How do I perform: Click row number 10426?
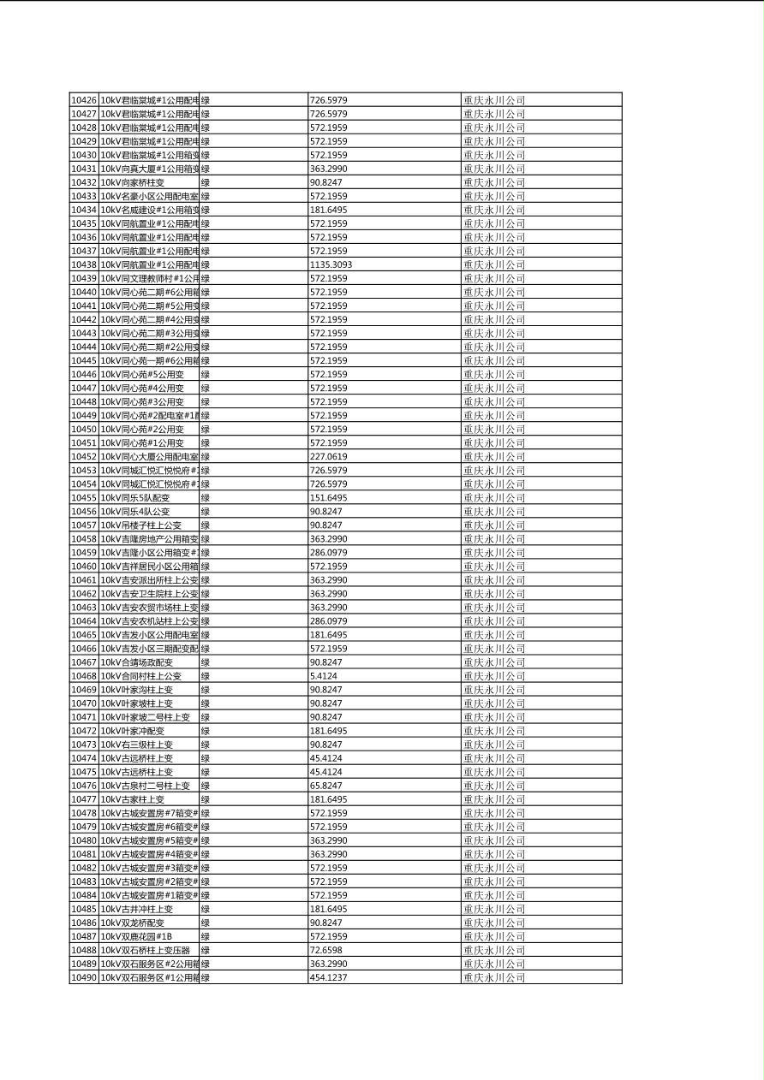[x=83, y=100]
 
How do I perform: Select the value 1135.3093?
[x=331, y=264]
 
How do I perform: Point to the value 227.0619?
[x=328, y=457]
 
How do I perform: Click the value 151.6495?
[x=328, y=498]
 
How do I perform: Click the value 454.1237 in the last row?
[x=328, y=977]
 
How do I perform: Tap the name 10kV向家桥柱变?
[x=133, y=182]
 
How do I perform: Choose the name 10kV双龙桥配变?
[x=133, y=923]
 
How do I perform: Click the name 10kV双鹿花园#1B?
[x=136, y=936]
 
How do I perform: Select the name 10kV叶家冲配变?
[x=133, y=731]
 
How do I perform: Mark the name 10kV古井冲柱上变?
[x=137, y=909]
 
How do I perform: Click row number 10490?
[x=83, y=977]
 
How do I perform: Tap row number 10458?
[x=83, y=539]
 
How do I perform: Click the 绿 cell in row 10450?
[x=206, y=429]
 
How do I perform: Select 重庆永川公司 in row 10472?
[x=494, y=731]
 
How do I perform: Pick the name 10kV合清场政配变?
[x=137, y=662]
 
